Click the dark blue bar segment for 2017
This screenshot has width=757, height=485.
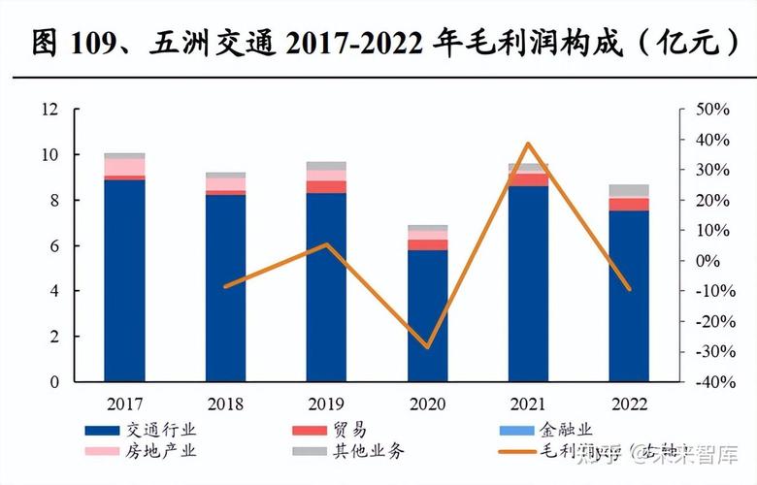124,281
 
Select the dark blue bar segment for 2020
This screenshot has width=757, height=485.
427,316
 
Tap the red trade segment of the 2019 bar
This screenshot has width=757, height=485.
326,186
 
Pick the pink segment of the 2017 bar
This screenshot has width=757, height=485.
124,167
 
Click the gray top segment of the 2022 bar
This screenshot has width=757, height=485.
629,190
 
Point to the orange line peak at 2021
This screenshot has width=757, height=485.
528,144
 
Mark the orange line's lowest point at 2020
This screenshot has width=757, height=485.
427,346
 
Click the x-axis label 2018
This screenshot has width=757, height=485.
225,404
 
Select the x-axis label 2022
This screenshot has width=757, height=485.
629,404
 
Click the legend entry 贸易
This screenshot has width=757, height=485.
349,429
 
